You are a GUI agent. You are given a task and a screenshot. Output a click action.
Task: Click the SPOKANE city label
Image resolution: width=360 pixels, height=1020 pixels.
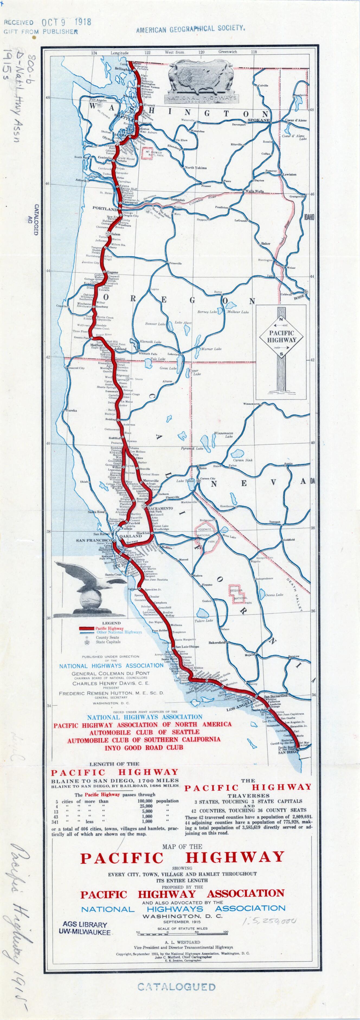(258, 120)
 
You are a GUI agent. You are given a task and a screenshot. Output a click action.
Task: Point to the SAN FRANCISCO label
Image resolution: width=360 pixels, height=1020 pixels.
(94, 541)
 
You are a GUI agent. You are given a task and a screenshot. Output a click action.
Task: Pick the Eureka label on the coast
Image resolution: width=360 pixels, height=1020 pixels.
(71, 411)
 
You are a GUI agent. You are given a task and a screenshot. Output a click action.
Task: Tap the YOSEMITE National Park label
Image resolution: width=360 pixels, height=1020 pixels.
(204, 530)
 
